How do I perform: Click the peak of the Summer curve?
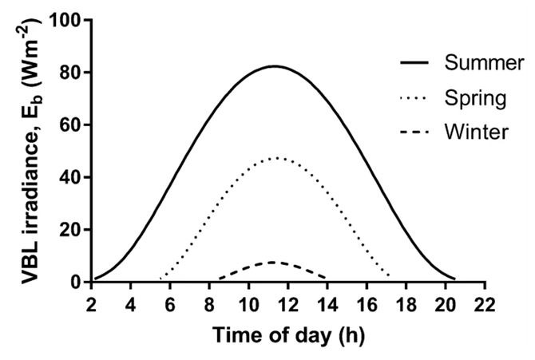(x=274, y=66)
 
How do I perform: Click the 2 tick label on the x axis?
(x=92, y=304)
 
